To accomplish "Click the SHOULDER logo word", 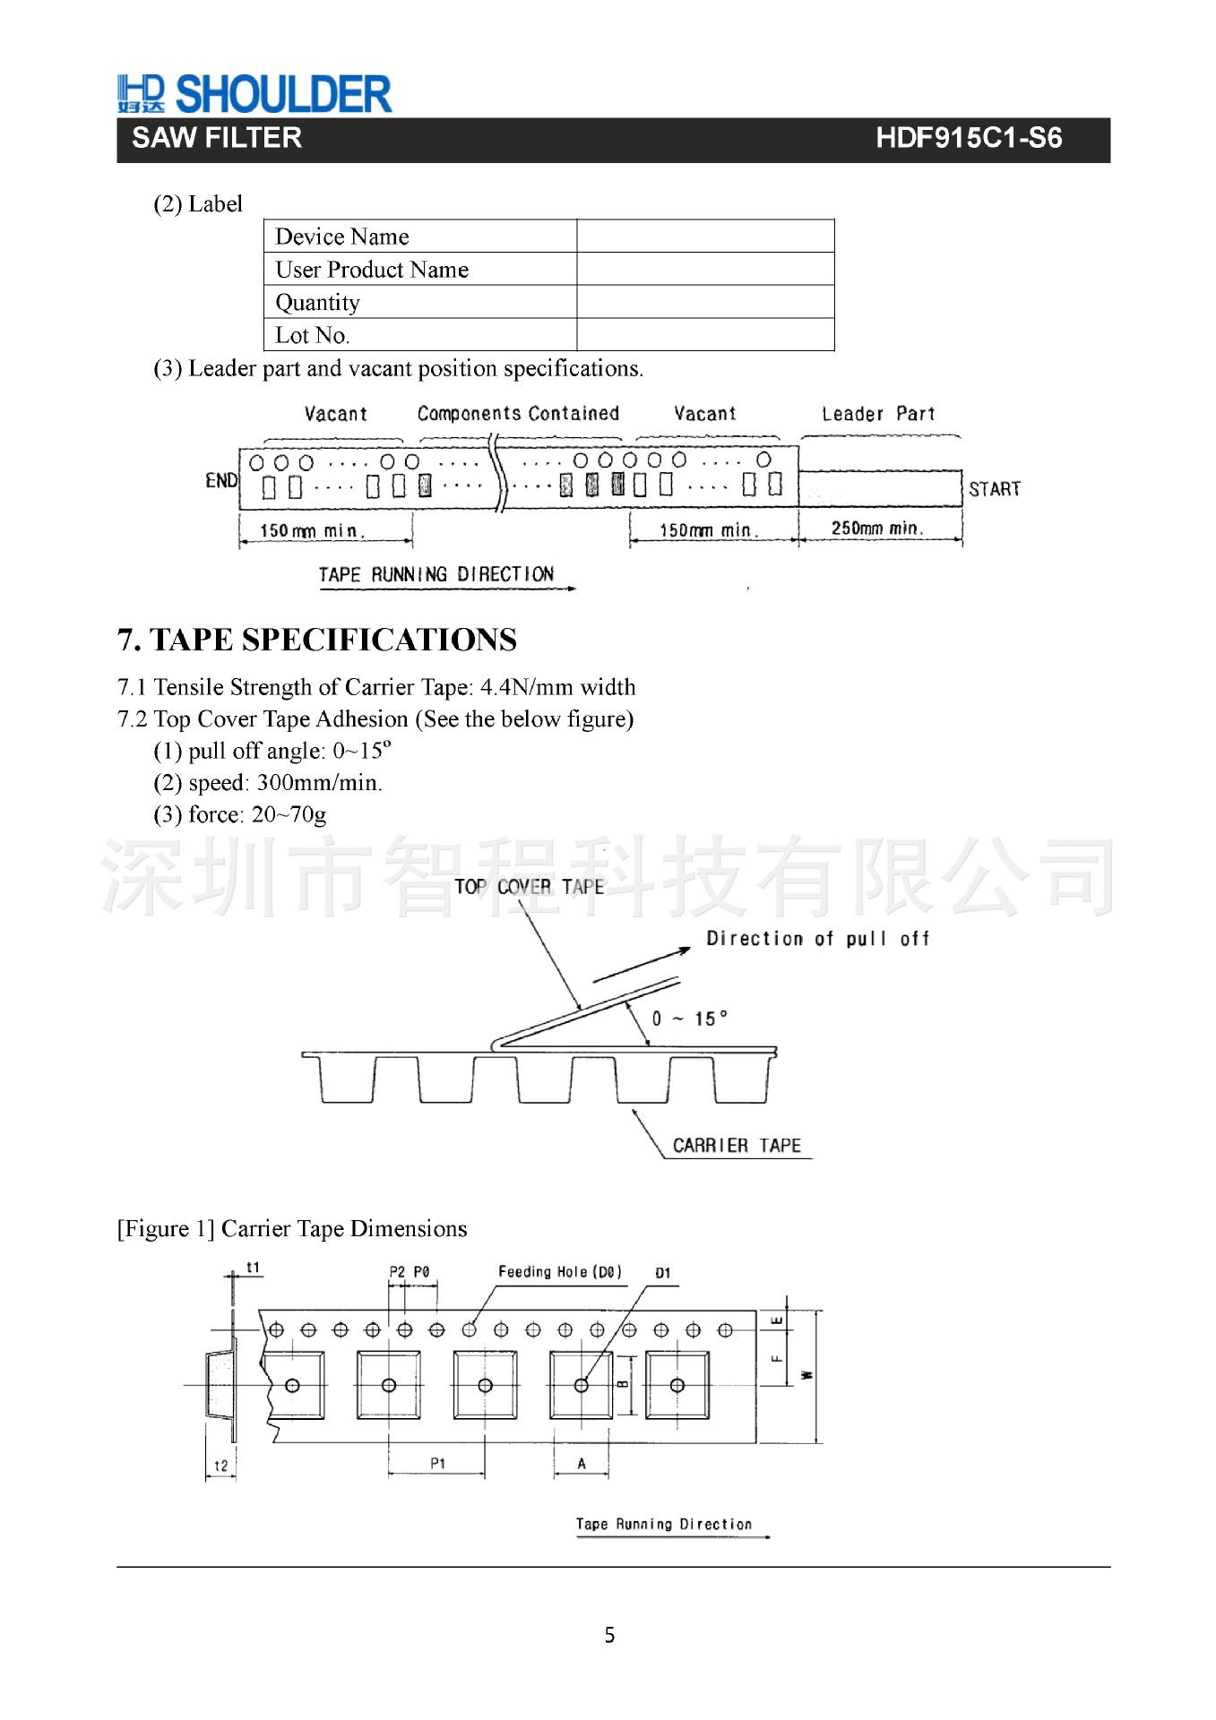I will point(283,94).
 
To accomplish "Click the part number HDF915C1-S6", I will point(968,138).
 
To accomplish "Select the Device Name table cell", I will point(341,236).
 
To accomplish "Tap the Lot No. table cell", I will point(312,335).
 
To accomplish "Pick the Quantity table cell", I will point(317,303).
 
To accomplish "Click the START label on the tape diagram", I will point(994,489).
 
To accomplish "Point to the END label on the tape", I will point(221,481).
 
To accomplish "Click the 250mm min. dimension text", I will point(876,529).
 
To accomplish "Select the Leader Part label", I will point(877,414).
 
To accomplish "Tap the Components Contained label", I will point(518,414).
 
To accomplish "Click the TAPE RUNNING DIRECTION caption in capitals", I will point(436,574).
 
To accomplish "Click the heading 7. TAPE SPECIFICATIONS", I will point(316,640).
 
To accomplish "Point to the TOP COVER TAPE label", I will point(529,887).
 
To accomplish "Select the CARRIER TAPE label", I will point(737,1146).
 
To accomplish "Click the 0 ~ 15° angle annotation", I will point(689,1019).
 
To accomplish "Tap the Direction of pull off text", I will point(817,939).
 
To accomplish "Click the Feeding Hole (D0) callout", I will point(559,1272).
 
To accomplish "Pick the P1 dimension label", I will point(437,1464).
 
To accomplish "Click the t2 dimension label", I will point(220,1466).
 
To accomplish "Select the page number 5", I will point(609,1635).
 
